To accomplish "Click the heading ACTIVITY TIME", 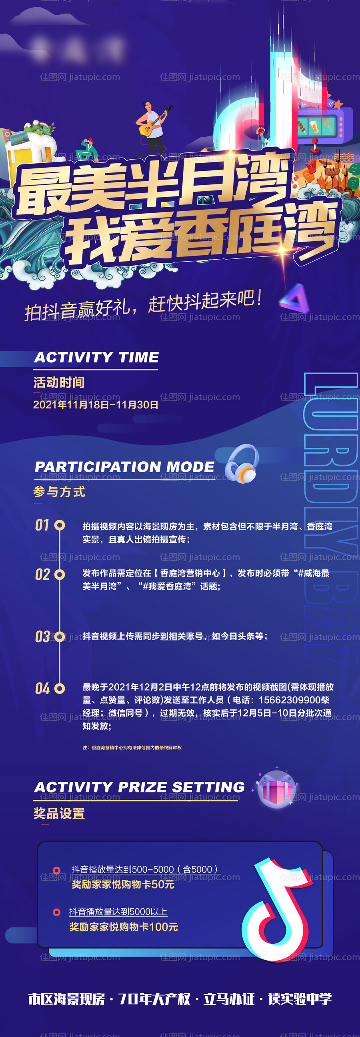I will pos(96,357).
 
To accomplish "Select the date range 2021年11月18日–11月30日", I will pos(96,404).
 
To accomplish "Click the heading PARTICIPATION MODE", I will pos(124,466).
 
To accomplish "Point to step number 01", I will pos(42,525).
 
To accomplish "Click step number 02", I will pos(42,575).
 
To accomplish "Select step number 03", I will pos(42,637).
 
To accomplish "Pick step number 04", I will pos(42,689).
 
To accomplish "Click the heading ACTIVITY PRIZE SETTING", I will pos(139,787).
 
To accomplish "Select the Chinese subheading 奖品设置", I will pos(59,814).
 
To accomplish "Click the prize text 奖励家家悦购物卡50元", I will pos(123,885).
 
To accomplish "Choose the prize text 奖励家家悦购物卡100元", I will pos(124,927).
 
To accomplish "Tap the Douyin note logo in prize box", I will pos(277,910).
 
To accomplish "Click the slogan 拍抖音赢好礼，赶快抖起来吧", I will pos(143,306).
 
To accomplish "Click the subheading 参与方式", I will pos(59,492).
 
